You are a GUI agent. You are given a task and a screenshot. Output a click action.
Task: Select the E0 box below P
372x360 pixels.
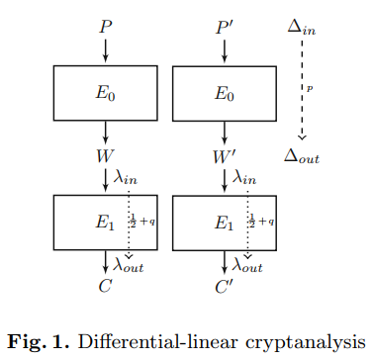pyautogui.click(x=106, y=94)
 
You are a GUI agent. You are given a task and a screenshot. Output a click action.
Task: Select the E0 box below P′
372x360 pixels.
pyautogui.click(x=227, y=94)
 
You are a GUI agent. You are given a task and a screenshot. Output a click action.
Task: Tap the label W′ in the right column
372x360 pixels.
pyautogui.click(x=229, y=155)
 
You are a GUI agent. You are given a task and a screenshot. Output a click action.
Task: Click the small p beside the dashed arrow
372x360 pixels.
pyautogui.click(x=311, y=89)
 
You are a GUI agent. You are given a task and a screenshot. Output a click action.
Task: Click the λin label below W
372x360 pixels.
pyautogui.click(x=127, y=178)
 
